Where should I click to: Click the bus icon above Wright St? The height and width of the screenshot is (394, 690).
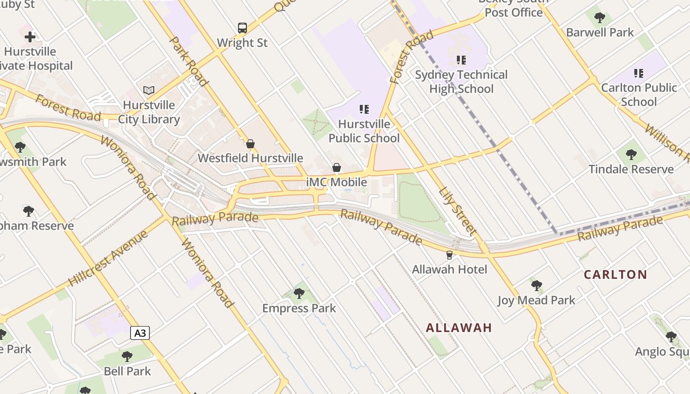(242, 28)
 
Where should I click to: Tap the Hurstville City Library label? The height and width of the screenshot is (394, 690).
(149, 112)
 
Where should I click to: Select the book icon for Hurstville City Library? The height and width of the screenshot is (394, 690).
(149, 90)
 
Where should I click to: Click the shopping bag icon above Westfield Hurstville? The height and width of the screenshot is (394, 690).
(250, 144)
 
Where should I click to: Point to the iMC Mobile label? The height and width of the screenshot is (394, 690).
(337, 182)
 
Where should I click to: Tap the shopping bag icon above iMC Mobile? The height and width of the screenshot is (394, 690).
(337, 167)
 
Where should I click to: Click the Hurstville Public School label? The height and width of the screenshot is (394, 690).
(364, 131)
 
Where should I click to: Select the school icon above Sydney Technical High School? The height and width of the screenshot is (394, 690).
(461, 60)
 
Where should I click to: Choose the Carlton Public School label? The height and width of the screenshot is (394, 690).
(639, 95)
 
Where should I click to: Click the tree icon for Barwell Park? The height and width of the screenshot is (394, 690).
(600, 18)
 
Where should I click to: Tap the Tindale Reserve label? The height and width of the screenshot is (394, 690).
(631, 169)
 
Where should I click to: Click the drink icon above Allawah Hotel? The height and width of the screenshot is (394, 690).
(449, 255)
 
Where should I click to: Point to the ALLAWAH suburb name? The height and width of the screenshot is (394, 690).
(459, 328)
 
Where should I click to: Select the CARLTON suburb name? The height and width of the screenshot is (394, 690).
(616, 275)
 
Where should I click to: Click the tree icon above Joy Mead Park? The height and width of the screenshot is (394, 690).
(537, 285)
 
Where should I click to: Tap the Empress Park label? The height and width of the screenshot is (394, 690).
(299, 308)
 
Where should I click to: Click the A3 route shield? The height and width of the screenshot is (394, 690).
(140, 333)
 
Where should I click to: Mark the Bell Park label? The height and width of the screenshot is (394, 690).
(127, 371)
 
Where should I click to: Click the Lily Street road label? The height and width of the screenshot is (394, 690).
(458, 210)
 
